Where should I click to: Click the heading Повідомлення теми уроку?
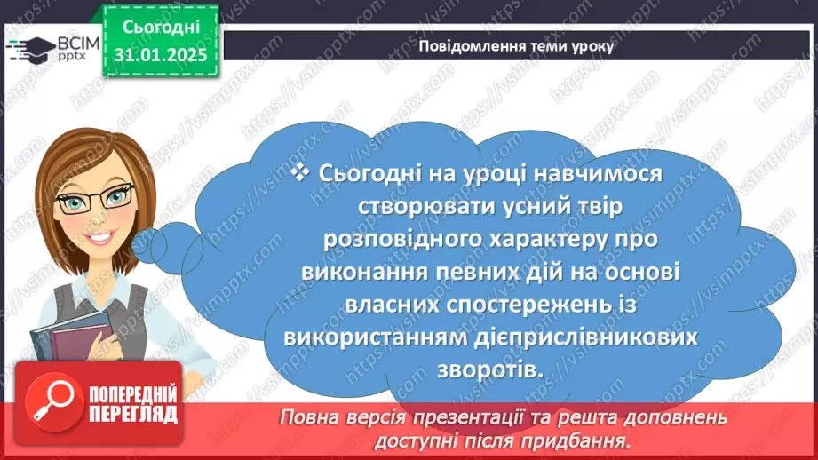[x=516, y=47]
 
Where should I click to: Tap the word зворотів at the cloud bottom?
[x=489, y=369]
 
